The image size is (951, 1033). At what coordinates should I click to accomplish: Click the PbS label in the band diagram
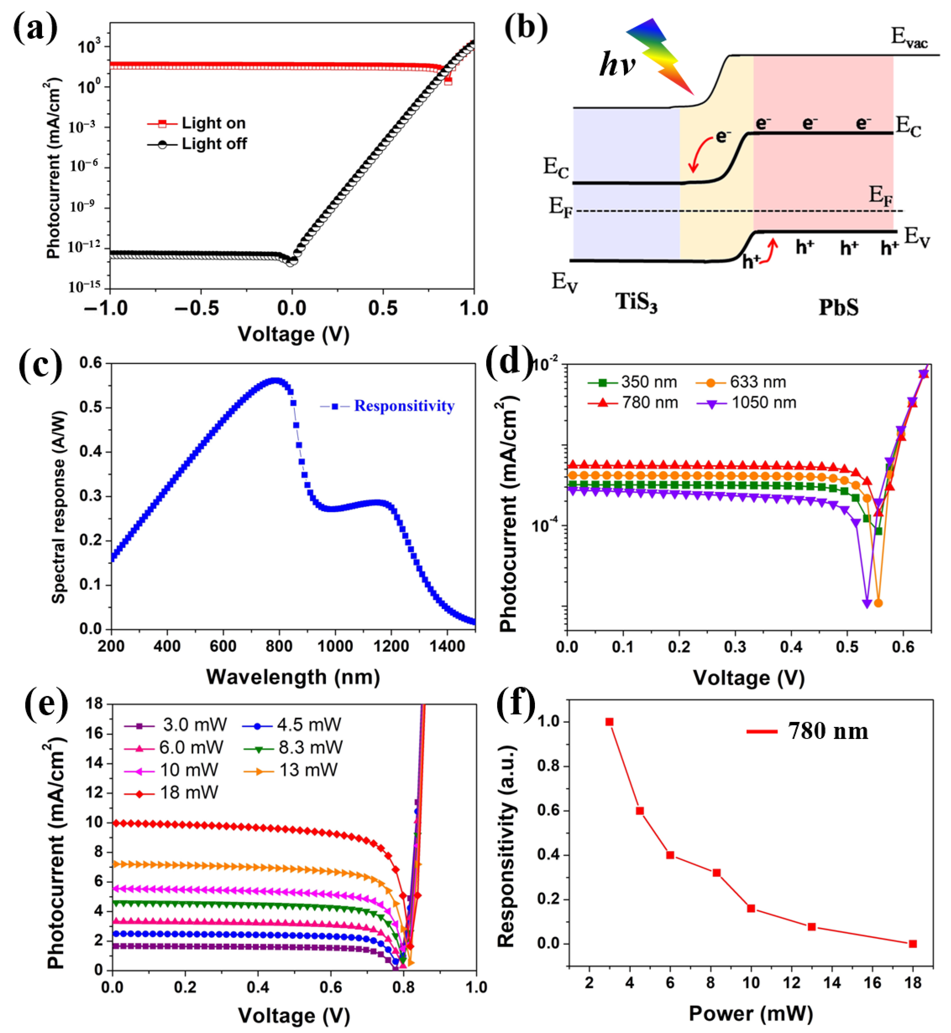coord(838,307)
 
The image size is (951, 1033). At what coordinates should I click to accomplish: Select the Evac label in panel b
coord(909,37)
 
